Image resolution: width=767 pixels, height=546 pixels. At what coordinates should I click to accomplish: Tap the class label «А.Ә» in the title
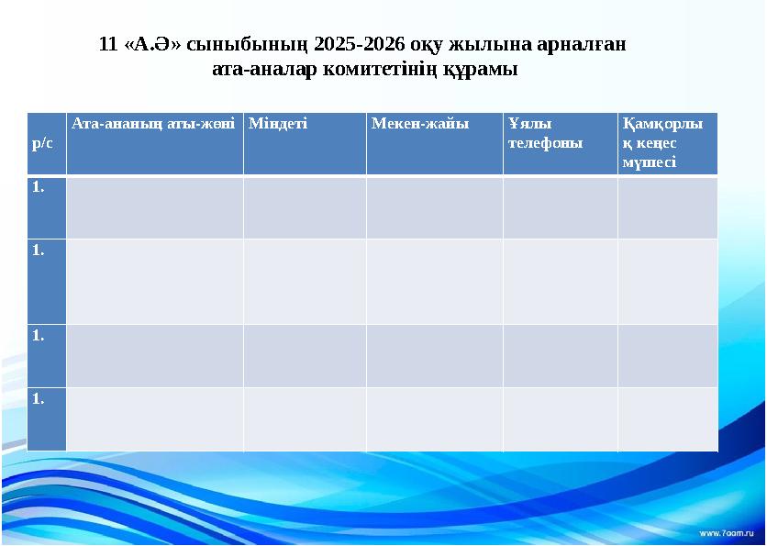(152, 44)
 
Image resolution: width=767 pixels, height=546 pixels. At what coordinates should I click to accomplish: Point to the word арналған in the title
(583, 44)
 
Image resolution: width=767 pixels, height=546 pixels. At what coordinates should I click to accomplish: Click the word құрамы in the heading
(480, 69)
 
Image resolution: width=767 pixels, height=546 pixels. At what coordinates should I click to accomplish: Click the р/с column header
(42, 144)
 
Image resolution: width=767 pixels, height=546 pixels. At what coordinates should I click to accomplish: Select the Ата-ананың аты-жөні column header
(154, 123)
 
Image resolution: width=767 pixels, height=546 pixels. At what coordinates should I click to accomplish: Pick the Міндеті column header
(278, 123)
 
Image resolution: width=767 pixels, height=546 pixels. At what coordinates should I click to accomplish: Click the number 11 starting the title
(107, 44)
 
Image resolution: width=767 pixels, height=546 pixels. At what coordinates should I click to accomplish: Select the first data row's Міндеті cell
(305, 207)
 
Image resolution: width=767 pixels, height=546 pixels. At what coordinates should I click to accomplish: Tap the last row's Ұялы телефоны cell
(560, 418)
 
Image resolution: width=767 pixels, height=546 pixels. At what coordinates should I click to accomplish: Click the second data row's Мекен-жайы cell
(434, 282)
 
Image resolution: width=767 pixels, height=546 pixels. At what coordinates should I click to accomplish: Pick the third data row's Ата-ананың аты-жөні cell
(154, 355)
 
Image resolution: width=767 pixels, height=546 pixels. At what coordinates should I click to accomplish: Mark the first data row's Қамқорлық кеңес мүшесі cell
(667, 207)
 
